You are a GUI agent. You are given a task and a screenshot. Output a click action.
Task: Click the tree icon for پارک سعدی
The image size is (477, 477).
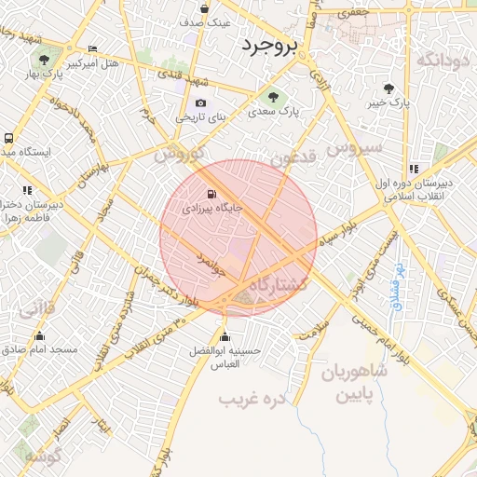pos(273,96)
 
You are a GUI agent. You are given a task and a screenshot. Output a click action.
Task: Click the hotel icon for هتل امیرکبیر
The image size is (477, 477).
pos(91,49)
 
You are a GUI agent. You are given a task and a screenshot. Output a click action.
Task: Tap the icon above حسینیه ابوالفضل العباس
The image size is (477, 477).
pos(224,336)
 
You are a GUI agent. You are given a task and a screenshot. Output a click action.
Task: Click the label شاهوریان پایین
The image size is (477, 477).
pos(354,381)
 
